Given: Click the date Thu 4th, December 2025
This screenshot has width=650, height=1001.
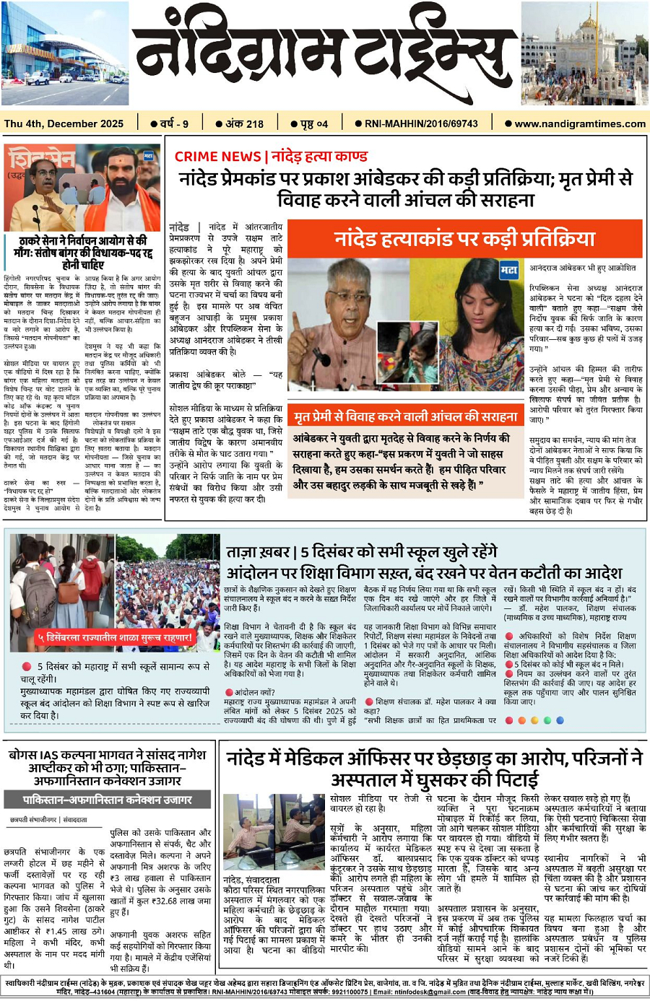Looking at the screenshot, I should (64, 123).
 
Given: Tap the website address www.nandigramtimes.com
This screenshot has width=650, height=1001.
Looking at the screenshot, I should (579, 123).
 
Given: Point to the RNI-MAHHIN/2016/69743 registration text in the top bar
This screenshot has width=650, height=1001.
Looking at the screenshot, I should (421, 123).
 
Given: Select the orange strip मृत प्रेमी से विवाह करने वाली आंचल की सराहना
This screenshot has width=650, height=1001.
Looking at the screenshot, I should (405, 416).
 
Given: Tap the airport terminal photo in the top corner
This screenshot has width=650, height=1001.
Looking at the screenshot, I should (65, 54).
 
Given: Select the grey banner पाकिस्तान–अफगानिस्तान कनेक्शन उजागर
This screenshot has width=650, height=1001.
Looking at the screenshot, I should (107, 800).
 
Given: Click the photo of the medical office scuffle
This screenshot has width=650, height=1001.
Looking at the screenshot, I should (274, 834).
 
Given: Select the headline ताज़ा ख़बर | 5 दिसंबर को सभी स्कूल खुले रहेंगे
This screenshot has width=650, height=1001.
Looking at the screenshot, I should (361, 552).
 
